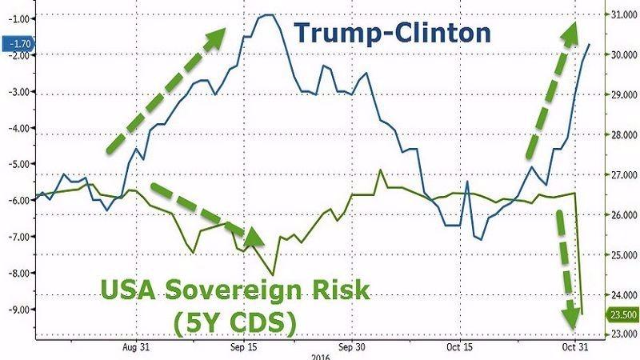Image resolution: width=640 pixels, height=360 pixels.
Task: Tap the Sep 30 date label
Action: click(351, 348)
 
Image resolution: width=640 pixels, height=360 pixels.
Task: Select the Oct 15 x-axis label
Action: click(457, 348)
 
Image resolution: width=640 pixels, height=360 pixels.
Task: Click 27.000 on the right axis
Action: click(620, 174)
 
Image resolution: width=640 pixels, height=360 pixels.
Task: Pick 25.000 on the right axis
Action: click(620, 254)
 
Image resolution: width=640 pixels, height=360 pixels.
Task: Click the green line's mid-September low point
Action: click(274, 274)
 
